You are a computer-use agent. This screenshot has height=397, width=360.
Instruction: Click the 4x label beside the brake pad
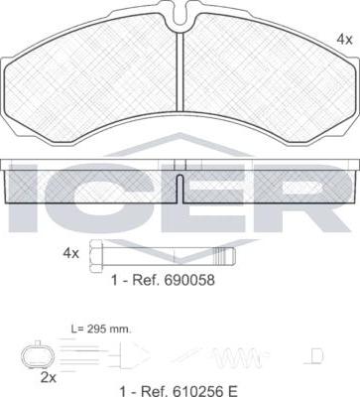click(344, 40)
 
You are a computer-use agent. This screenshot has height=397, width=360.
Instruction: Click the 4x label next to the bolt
click(71, 254)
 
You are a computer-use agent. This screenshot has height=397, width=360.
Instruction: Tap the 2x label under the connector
click(49, 377)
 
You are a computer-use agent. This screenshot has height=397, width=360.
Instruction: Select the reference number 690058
click(188, 280)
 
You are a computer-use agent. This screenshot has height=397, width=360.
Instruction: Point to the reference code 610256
click(196, 392)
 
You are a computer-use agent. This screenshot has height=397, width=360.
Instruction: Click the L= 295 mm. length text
click(101, 330)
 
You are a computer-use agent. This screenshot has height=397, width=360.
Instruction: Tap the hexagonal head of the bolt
click(96, 256)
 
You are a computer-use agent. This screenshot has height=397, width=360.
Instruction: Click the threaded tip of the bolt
click(225, 256)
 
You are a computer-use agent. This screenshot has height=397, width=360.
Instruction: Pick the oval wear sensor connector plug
click(37, 356)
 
